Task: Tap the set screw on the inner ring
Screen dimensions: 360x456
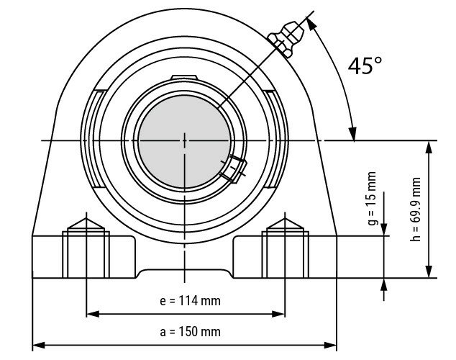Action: click(x=234, y=168)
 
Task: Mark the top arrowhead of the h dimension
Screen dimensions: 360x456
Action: click(x=429, y=145)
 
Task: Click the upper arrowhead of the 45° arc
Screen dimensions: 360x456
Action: click(x=311, y=22)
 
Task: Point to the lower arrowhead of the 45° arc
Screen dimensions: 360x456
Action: click(x=352, y=134)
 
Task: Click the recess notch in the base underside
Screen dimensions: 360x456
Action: click(x=184, y=271)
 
